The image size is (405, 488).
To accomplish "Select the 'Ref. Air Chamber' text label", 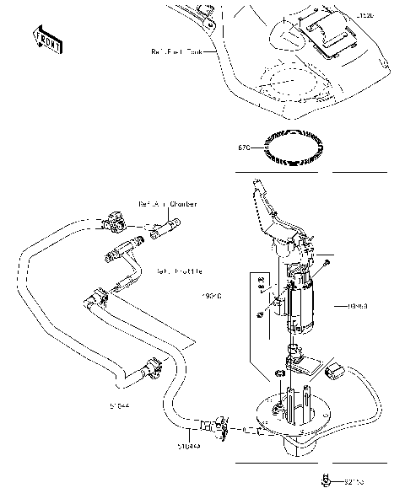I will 170,204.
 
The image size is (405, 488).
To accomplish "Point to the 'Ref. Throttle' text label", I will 178,271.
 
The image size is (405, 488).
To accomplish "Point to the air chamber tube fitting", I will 165,227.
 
